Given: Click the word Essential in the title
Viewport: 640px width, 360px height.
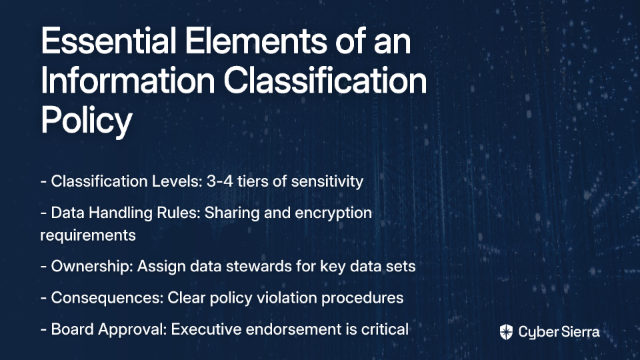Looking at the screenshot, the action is click(x=108, y=41).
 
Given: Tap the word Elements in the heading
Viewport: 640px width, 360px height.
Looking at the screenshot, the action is click(x=256, y=41).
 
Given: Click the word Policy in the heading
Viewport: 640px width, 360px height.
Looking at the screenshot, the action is click(x=87, y=121).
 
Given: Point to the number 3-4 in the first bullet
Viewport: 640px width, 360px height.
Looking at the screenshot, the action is click(x=220, y=181).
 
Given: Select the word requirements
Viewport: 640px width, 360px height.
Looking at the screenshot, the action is click(x=88, y=235).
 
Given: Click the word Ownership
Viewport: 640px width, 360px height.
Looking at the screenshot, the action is click(x=92, y=267).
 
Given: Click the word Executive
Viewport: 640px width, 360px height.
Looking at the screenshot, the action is click(x=206, y=329).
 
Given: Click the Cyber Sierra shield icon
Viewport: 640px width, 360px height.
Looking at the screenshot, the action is click(x=506, y=332).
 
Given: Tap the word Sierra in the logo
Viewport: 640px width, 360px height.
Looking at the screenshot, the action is click(x=579, y=332).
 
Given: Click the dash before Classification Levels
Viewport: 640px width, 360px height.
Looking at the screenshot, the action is click(x=44, y=181).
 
